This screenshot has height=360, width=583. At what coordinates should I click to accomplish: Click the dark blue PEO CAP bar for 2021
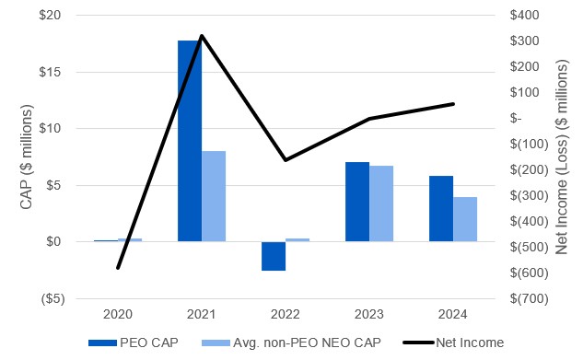tap(189, 141)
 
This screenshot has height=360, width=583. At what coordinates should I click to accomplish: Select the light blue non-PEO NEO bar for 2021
tap(214, 196)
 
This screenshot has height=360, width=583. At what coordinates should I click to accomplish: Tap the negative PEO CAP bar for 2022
tap(273, 256)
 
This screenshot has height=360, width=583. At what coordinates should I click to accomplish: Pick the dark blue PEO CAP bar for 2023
tap(356, 202)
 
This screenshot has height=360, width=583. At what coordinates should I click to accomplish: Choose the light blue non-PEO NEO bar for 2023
tap(381, 203)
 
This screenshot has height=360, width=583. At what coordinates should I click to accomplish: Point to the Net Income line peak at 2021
tap(202, 36)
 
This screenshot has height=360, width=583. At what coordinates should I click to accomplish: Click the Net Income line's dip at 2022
tap(286, 160)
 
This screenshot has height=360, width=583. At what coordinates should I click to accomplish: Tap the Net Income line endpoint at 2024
tap(453, 104)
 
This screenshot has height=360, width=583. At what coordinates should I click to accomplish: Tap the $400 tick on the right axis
tap(531, 16)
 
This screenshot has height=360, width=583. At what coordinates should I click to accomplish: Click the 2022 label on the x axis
tap(286, 315)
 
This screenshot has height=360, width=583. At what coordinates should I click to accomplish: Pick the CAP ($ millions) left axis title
tap(27, 157)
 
